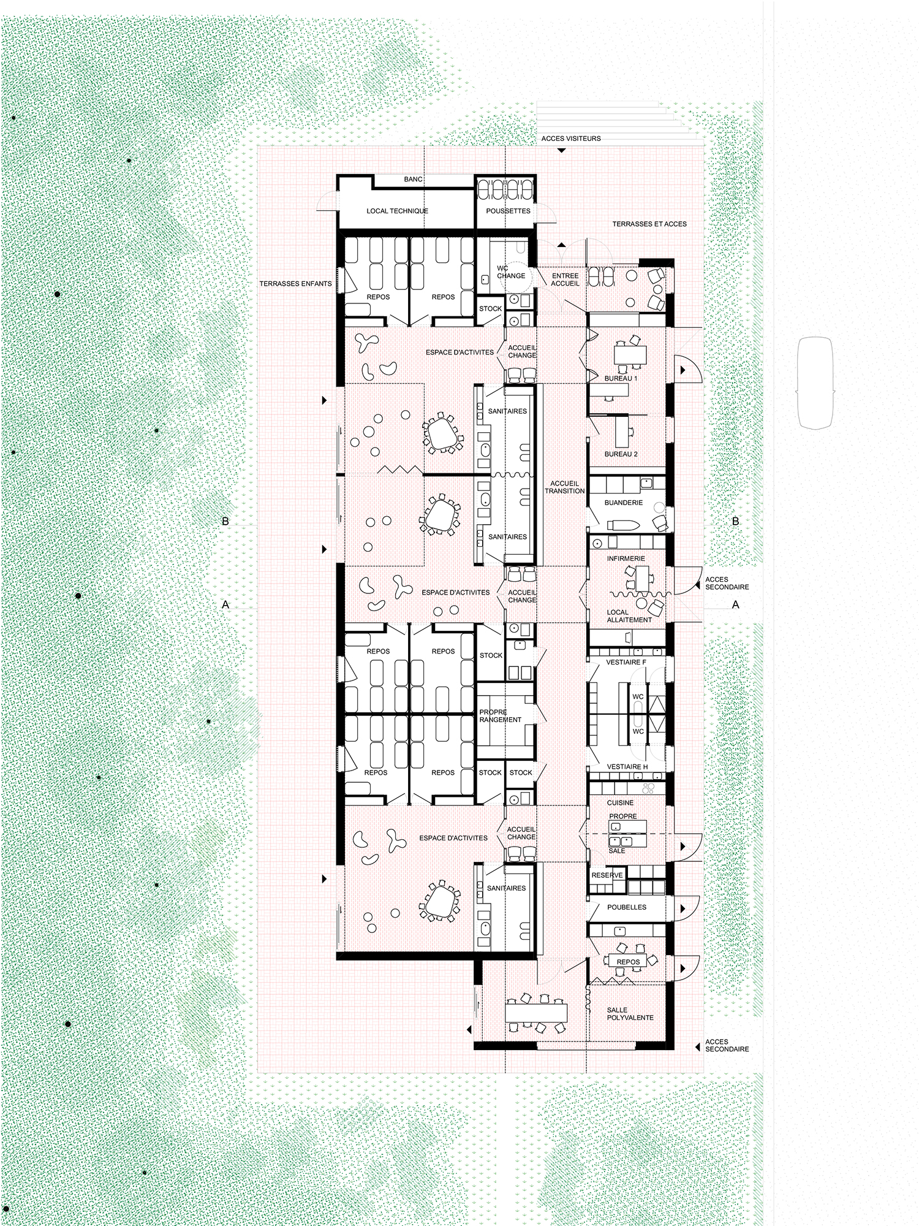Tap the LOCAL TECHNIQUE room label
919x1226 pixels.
point(397,211)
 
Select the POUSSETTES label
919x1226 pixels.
point(508,211)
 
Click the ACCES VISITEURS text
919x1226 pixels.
point(571,139)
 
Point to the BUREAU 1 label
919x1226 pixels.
point(621,379)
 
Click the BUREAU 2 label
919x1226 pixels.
point(621,454)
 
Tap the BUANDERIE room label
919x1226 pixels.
point(623,503)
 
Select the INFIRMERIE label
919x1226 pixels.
point(626,559)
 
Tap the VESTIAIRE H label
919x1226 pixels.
point(627,767)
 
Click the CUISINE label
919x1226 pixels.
point(620,803)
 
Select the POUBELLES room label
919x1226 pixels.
point(627,907)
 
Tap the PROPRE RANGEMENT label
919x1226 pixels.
point(500,716)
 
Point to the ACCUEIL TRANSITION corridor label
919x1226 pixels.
point(564,487)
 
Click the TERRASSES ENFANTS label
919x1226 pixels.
point(295,284)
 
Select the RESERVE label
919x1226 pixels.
point(607,875)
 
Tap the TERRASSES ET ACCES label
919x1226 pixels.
point(649,224)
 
